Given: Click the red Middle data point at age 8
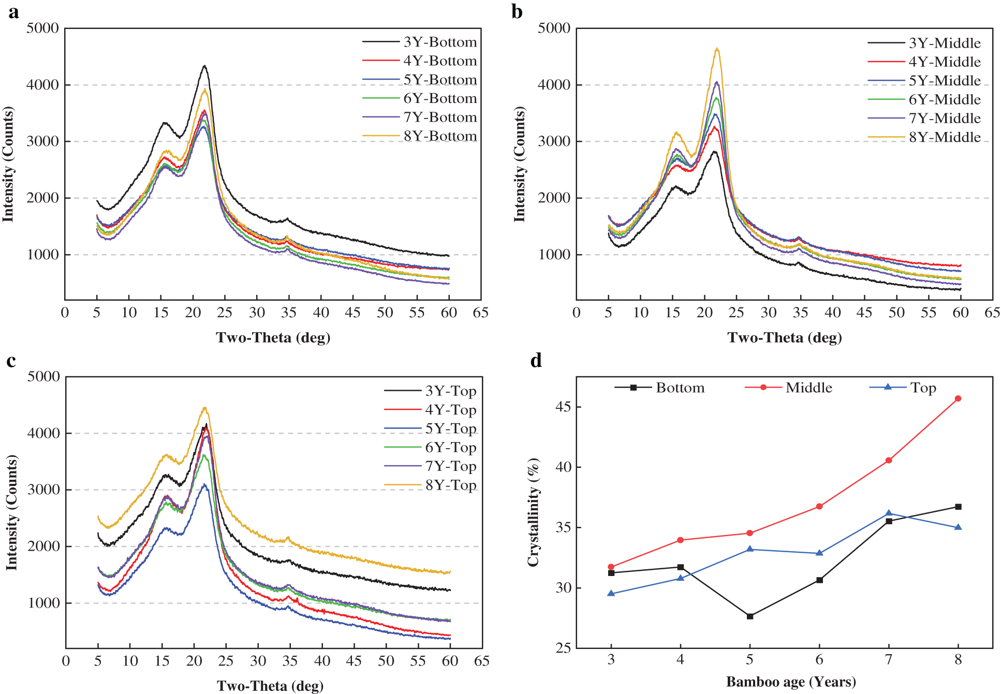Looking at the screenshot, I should point(958,398).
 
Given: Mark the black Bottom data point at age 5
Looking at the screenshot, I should point(750,616).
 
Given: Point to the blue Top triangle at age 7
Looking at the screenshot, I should point(889,513).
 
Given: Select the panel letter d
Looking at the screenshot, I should point(536,360).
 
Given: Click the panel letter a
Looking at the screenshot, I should point(13,11).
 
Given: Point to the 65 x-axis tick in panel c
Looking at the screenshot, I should point(482,661).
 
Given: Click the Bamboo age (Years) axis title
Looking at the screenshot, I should point(791,682).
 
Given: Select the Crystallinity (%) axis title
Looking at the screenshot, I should point(533,512).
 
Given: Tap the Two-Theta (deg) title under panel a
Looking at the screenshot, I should point(273,337).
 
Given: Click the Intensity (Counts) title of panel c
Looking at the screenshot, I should point(11,512).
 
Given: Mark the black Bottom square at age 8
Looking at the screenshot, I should point(958,507).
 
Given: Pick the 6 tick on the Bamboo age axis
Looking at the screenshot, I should point(819,659).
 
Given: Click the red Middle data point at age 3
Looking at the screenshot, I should point(611,567).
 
